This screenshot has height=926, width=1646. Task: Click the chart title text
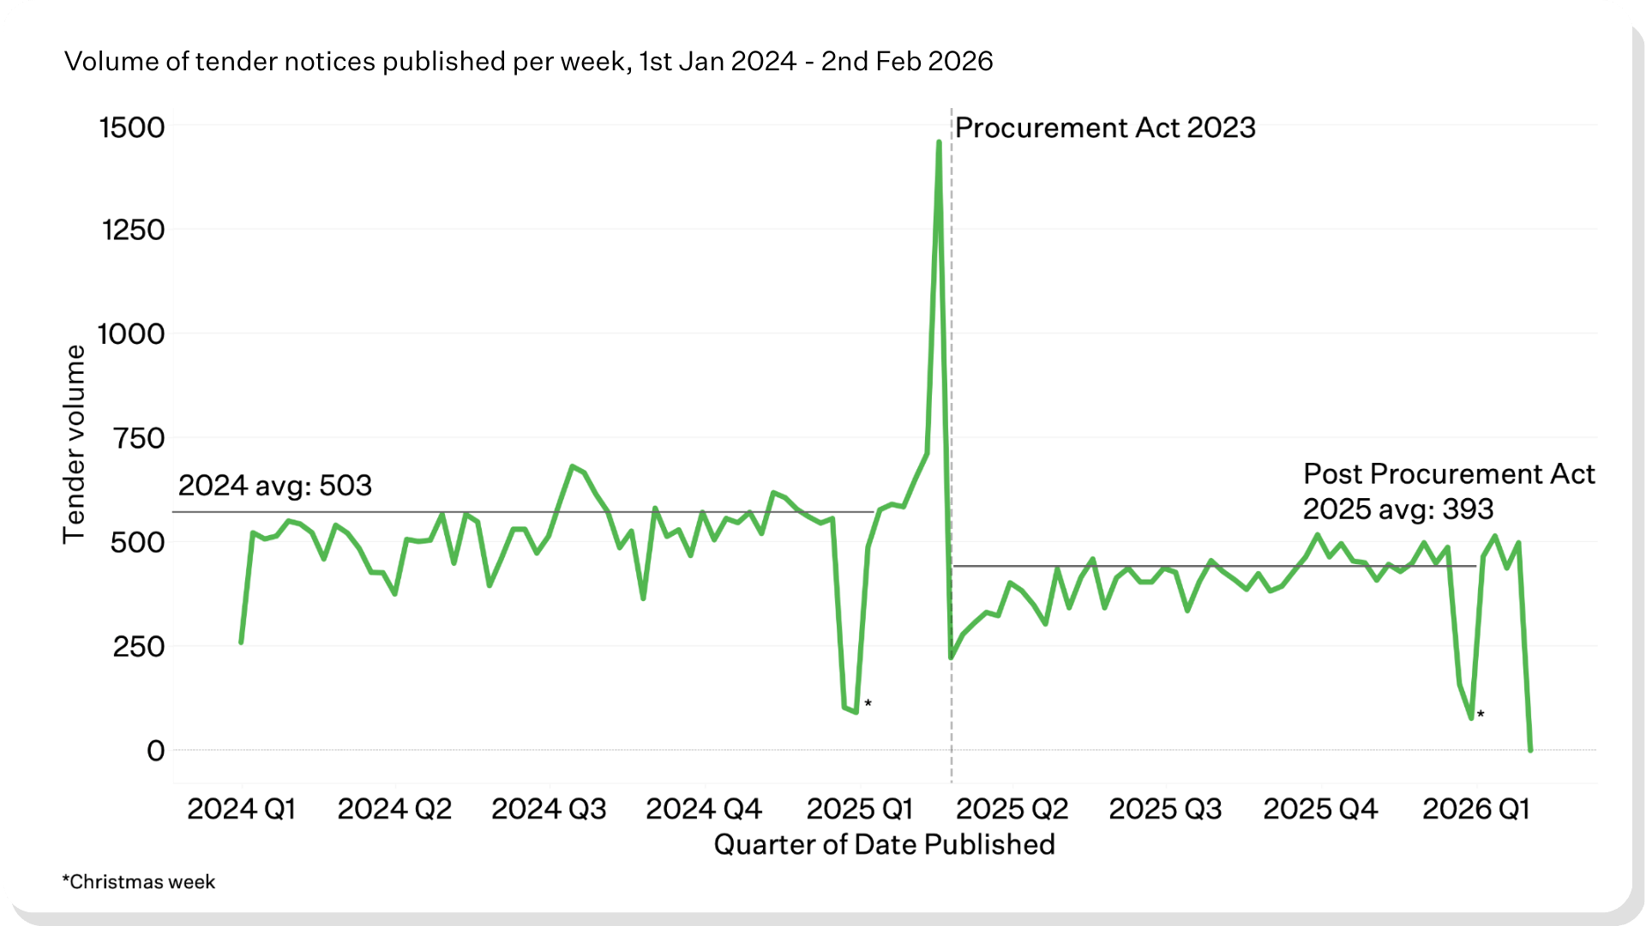[528, 62]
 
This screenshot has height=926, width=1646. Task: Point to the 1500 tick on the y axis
[132, 128]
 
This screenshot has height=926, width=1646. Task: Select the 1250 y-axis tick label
[133, 230]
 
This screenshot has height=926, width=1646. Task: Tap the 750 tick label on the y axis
[139, 438]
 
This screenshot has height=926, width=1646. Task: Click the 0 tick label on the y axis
[155, 751]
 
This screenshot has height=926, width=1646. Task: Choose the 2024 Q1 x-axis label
[241, 809]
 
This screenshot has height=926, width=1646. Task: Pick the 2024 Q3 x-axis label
[549, 809]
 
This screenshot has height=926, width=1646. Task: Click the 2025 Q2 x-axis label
[1012, 809]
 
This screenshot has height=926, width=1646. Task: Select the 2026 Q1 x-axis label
[1475, 809]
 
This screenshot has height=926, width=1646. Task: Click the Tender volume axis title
[75, 444]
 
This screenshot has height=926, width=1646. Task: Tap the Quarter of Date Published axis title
[884, 845]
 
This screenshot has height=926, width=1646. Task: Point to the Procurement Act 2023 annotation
[1105, 128]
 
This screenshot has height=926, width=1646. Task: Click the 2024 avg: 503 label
[275, 486]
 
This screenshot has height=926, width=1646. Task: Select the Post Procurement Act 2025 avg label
[1448, 491]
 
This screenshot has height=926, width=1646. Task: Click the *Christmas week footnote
[139, 882]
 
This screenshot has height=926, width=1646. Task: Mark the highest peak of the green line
[939, 142]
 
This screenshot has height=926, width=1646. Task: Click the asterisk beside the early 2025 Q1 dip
[868, 704]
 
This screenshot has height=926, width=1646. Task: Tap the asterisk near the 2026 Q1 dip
[1481, 714]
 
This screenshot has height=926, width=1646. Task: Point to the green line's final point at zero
[1530, 750]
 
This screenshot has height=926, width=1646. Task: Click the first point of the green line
[241, 642]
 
